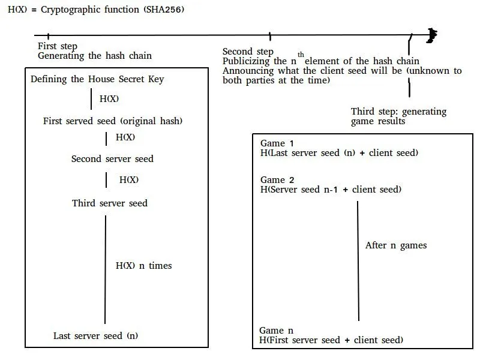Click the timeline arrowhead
point(432,35)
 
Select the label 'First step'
point(58,46)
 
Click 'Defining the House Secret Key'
point(97,79)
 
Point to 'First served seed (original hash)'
point(113,121)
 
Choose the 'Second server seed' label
point(112,159)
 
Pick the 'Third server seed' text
point(110,203)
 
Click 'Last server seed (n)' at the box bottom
point(95,336)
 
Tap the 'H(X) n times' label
point(143,265)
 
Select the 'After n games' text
point(396,245)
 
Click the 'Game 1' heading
point(277,143)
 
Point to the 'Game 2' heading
point(277,179)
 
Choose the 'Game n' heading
point(276,331)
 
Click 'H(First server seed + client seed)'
point(331,340)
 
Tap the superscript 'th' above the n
point(301,55)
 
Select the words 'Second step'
point(248,52)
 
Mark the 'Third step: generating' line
point(398,112)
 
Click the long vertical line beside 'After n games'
point(358,261)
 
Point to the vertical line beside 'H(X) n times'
point(106,269)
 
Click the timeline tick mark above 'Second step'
point(270,36)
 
